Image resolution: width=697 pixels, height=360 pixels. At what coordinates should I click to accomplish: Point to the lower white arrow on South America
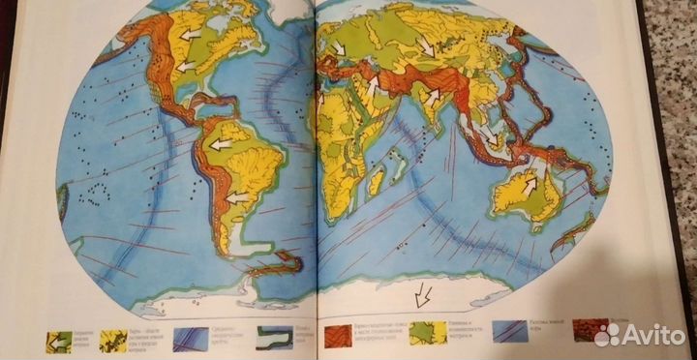coord(238,197)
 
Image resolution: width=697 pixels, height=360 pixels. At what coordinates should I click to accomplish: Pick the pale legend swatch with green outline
coord(272,337)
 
